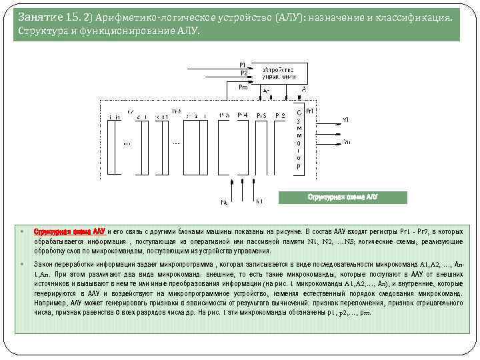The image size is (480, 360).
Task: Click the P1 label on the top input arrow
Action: pyautogui.click(x=243, y=65)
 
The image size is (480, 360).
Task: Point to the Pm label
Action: pyautogui.click(x=243, y=86)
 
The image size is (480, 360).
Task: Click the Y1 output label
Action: pyautogui.click(x=345, y=119)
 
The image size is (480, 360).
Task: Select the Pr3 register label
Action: pyautogui.click(x=261, y=115)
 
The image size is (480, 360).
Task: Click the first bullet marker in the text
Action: pyautogui.click(x=22, y=229)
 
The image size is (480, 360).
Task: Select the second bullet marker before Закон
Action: pyautogui.click(x=22, y=265)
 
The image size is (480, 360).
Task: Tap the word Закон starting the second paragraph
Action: pyautogui.click(x=44, y=265)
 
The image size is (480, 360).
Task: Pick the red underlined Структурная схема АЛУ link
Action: pyautogui.click(x=69, y=229)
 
